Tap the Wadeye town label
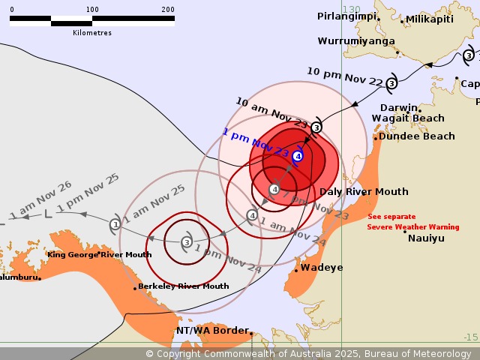322,268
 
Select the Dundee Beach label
416,136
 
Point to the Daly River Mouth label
364,192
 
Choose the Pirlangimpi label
347,16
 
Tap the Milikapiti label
430,19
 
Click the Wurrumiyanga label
356,41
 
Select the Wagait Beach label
408,118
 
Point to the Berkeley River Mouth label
183,286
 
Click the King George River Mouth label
99,255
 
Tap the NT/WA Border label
212,331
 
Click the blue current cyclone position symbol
298,156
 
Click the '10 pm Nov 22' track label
344,77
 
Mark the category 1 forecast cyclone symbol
115,224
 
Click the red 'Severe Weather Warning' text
412,226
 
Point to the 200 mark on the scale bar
168,10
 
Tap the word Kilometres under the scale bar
92,33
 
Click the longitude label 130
351,10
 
